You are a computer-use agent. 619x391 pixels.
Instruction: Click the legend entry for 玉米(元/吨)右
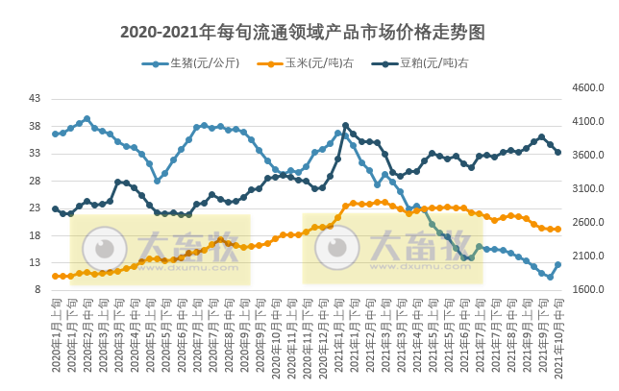click(x=318, y=64)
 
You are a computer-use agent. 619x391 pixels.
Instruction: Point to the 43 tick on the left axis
click(x=35, y=99)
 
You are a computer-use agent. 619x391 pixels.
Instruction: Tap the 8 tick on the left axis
click(x=37, y=290)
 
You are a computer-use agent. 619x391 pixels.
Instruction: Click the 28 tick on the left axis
click(x=35, y=181)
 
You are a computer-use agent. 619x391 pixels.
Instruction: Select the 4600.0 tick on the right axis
click(x=586, y=88)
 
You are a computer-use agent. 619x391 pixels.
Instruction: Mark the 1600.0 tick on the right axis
click(x=586, y=290)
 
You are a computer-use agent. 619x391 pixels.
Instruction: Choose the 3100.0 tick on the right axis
click(x=586, y=189)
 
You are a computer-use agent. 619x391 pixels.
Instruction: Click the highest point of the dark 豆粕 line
click(x=346, y=126)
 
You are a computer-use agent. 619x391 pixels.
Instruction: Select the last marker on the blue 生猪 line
click(x=557, y=264)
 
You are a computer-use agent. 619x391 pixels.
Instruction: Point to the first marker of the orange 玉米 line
click(x=56, y=276)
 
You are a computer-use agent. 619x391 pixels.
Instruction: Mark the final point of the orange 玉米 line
click(x=557, y=229)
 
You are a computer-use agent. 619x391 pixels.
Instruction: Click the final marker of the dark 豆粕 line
click(x=557, y=152)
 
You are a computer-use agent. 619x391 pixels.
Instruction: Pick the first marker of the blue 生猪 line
click(x=56, y=134)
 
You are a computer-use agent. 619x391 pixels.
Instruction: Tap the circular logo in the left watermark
click(x=99, y=250)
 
